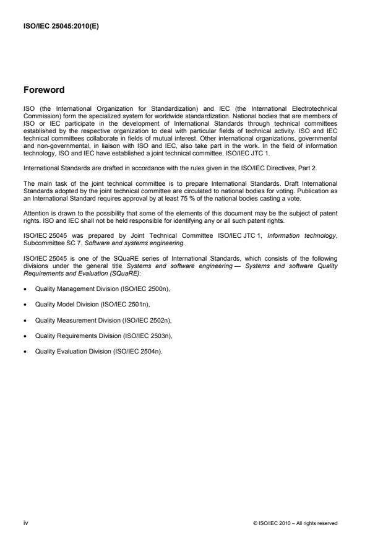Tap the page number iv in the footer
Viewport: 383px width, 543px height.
point(26,523)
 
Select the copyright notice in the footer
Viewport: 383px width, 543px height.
point(295,523)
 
